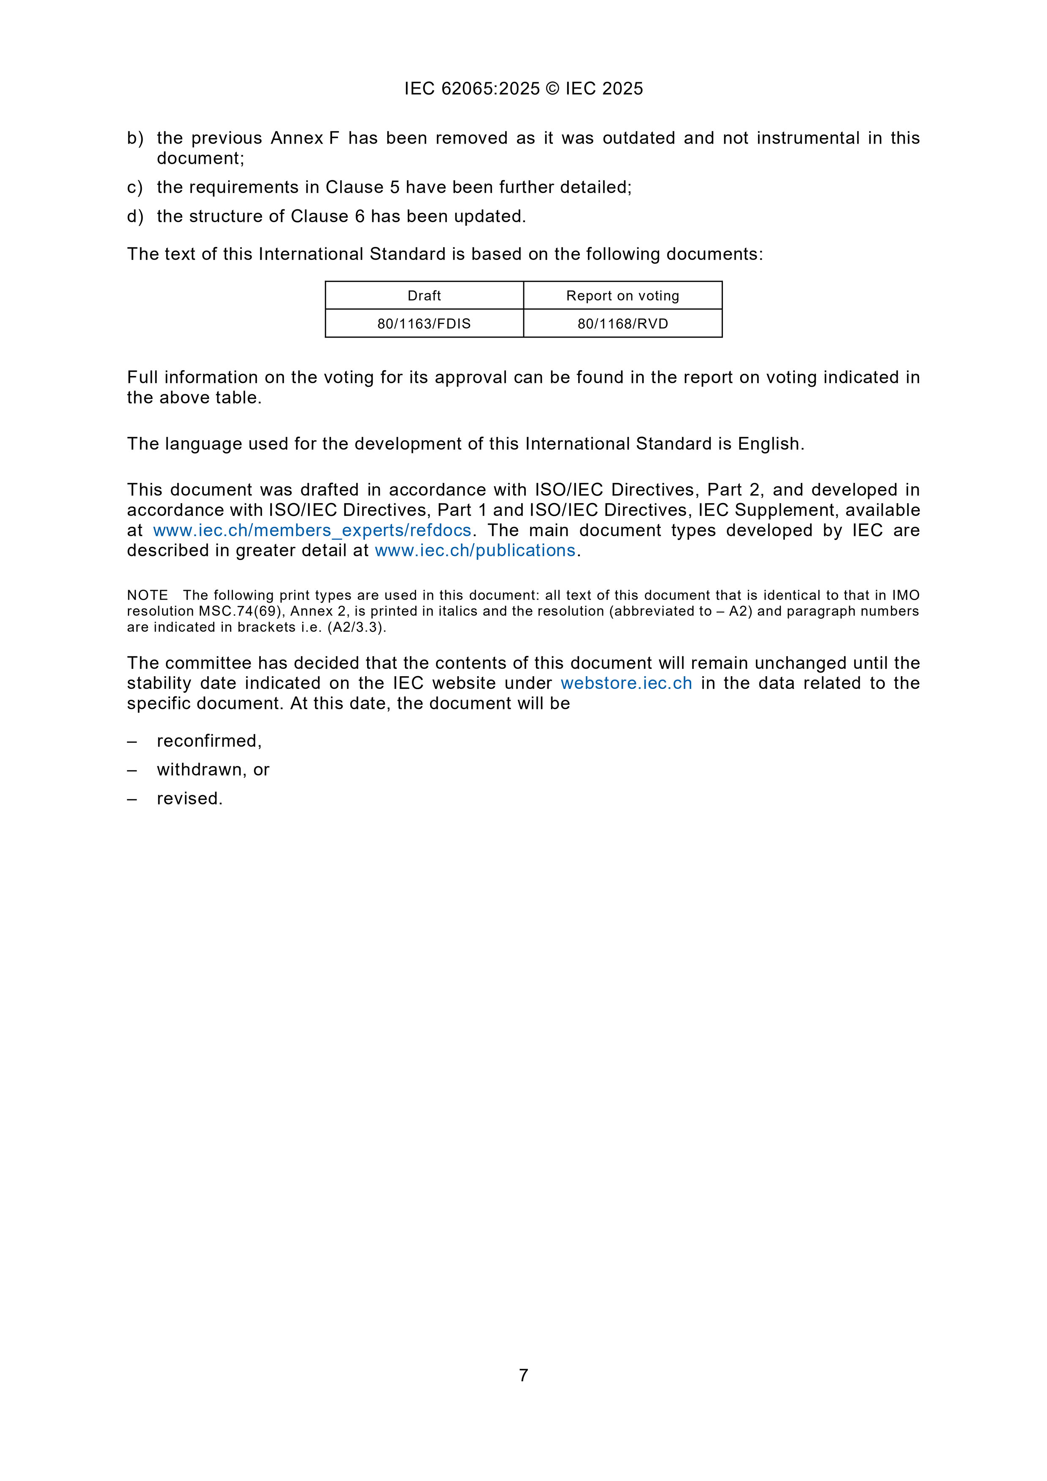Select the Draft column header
[x=424, y=295]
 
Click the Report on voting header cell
[x=622, y=295]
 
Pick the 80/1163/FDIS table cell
[x=424, y=323]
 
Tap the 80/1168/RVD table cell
[x=622, y=323]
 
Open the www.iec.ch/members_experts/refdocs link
[x=312, y=530]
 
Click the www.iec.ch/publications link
[x=475, y=550]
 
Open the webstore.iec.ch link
[x=626, y=683]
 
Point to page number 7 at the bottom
[x=523, y=1375]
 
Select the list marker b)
[x=135, y=138]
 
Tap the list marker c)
[x=135, y=187]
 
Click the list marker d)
[x=135, y=216]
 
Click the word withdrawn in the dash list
[x=199, y=769]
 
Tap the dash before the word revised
[x=132, y=799]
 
